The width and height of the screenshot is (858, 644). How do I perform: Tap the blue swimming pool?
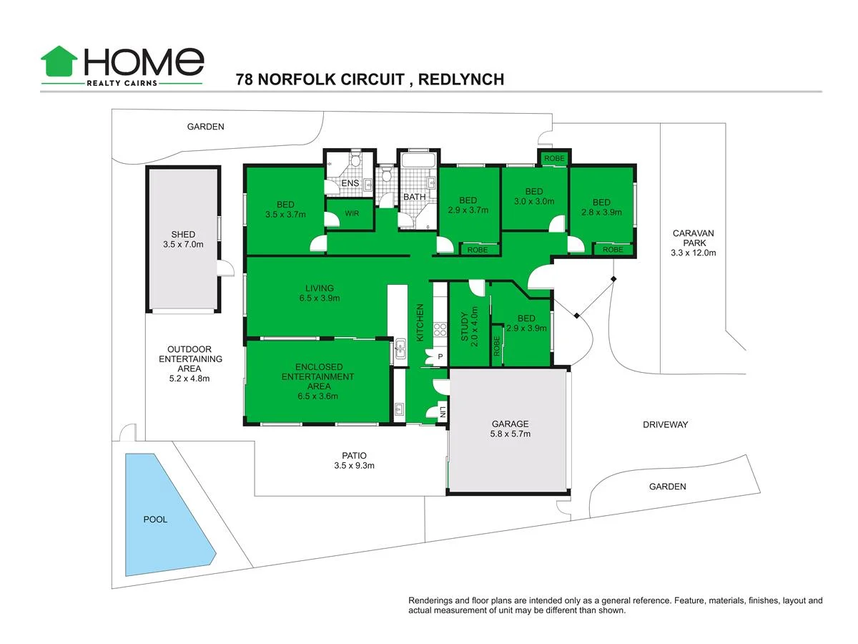(162, 512)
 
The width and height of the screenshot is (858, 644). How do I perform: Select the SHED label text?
(183, 234)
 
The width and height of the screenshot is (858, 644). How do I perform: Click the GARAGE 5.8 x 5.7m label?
(511, 429)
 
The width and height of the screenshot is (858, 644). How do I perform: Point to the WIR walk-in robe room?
(352, 213)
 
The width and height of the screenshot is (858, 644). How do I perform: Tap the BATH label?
(415, 197)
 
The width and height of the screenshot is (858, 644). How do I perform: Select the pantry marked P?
(440, 357)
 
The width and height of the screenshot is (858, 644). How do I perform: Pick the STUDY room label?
(464, 326)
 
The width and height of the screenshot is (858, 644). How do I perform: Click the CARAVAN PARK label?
(693, 243)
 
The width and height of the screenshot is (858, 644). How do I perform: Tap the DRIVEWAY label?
(665, 424)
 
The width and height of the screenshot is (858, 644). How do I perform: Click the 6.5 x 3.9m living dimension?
(320, 298)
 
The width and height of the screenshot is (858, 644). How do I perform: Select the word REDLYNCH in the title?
(460, 79)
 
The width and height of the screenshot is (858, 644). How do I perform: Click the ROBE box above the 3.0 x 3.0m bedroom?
(554, 158)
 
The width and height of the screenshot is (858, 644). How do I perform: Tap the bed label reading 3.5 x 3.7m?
(285, 214)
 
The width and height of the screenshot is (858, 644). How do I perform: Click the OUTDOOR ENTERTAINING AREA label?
(190, 364)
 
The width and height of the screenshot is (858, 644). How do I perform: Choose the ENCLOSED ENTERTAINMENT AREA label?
(317, 381)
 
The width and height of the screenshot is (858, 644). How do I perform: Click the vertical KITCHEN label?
(420, 322)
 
